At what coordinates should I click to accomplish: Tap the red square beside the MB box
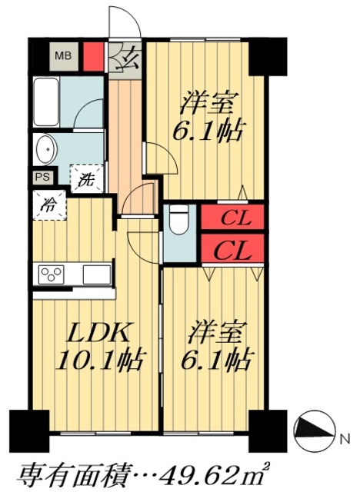coord(92,55)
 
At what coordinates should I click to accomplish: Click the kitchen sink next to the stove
coord(98,274)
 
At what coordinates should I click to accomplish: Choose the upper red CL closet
coord(232,218)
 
